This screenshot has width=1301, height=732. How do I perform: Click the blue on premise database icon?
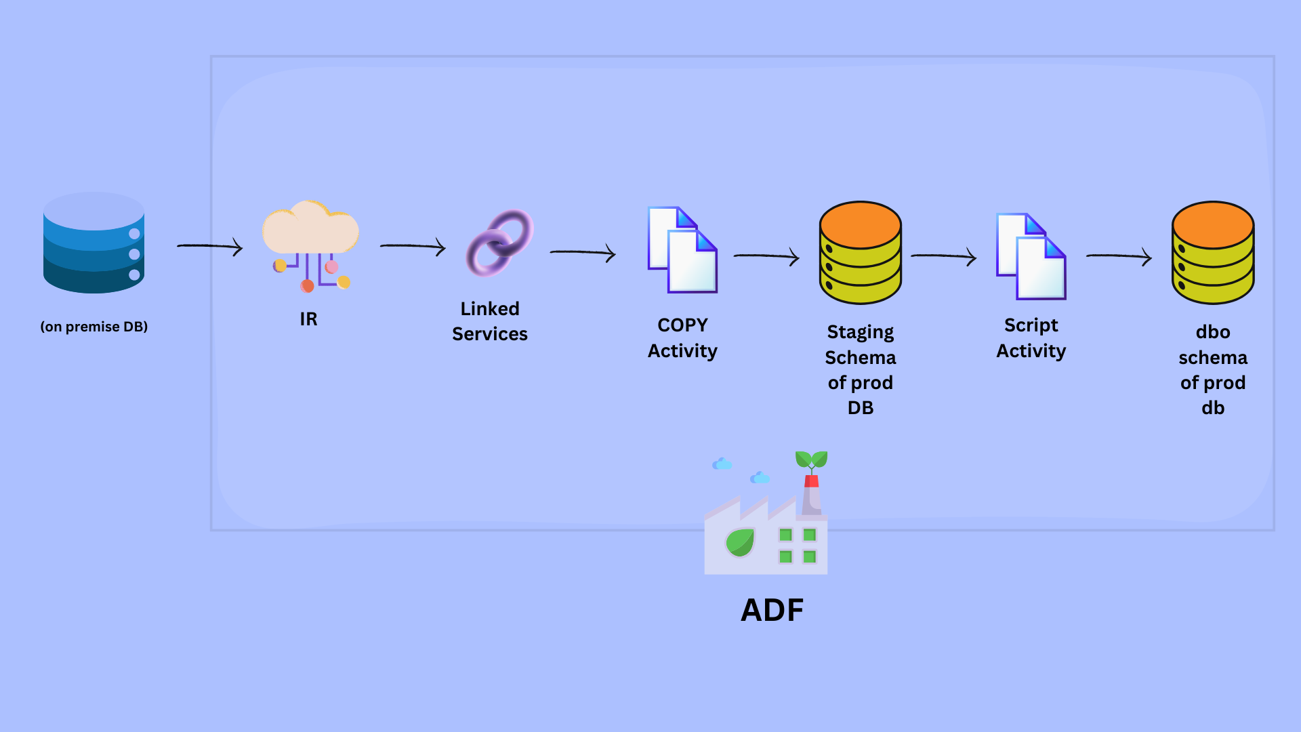point(94,243)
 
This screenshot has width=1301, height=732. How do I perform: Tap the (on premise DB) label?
point(94,327)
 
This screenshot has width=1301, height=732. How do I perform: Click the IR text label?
point(308,319)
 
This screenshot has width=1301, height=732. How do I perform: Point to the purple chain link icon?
point(500,243)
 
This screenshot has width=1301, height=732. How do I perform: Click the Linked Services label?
point(490,321)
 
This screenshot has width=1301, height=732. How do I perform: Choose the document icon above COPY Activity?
point(682,249)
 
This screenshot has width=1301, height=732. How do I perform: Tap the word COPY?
point(682,325)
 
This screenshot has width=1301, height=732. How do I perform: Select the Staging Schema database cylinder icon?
point(861,252)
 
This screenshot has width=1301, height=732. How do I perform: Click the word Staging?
point(861,332)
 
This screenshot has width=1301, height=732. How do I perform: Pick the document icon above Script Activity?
point(1031,256)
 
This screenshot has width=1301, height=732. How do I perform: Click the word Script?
point(1031,325)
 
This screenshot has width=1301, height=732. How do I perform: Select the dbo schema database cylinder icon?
point(1213,252)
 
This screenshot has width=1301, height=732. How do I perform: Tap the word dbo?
point(1213,332)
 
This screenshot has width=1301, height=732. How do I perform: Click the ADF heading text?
point(772,610)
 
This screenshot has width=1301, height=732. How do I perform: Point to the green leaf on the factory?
point(740,542)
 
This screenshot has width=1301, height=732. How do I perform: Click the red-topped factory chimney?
point(811,495)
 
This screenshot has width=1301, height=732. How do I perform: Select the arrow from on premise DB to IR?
point(210,246)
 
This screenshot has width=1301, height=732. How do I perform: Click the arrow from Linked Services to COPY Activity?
point(583,252)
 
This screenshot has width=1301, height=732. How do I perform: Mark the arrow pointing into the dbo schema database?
point(1119,256)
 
